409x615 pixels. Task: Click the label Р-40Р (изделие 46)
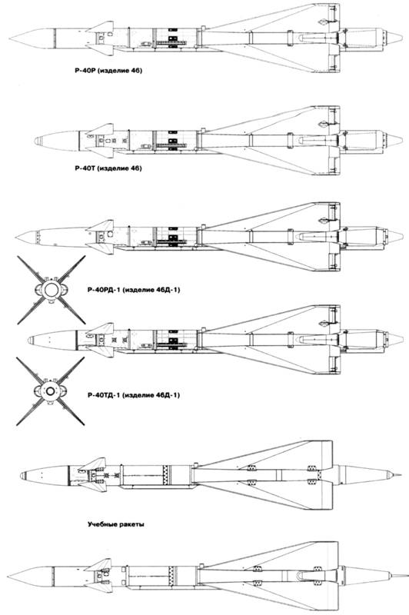(x=106, y=71)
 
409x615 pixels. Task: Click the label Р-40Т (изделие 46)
(x=108, y=168)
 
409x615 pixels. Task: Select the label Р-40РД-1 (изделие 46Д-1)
(x=134, y=291)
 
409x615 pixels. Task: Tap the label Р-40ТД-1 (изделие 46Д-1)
(x=134, y=395)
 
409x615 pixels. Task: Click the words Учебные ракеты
(x=115, y=524)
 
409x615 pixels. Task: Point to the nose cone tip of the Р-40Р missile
(x=9, y=39)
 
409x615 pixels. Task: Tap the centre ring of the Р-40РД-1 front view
(x=51, y=290)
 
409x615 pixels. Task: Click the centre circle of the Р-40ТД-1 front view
(x=51, y=391)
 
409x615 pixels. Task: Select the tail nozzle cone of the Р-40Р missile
(x=395, y=38)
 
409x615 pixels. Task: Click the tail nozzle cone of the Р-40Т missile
(x=395, y=139)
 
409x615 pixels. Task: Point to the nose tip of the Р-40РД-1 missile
(x=17, y=237)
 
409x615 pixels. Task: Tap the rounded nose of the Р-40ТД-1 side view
(x=32, y=339)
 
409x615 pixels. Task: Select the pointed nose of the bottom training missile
(x=9, y=576)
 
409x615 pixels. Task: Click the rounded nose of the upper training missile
(x=24, y=475)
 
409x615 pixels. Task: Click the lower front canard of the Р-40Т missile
(x=101, y=152)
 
